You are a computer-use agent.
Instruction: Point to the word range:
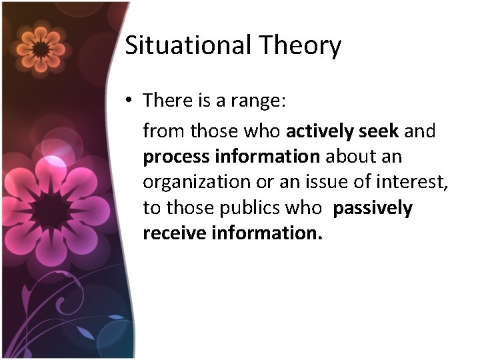pyautogui.click(x=258, y=101)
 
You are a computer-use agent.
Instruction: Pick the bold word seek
pyautogui.click(x=379, y=131)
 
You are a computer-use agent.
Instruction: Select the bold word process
pyautogui.click(x=176, y=157)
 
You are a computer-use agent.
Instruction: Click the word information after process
pyautogui.click(x=267, y=157)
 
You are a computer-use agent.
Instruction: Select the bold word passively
pyautogui.click(x=373, y=208)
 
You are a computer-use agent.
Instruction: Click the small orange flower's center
pyautogui.click(x=40, y=49)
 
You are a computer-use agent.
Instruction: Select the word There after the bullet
pyautogui.click(x=167, y=101)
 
